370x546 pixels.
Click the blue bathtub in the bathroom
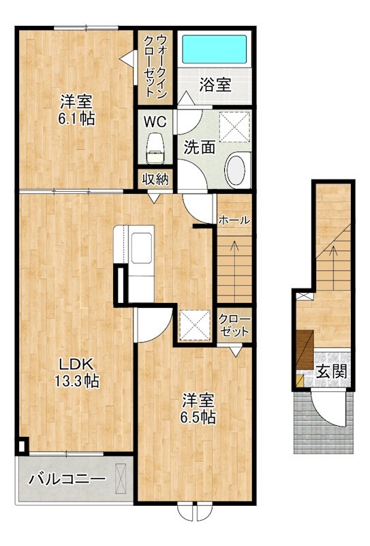coord(215,48)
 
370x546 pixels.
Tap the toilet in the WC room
coord(155,148)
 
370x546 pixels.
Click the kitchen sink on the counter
coord(141,248)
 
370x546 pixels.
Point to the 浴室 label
coord(215,85)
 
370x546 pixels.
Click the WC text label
coord(155,122)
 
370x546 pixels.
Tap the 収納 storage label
coord(155,179)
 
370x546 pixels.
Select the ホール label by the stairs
coord(234,220)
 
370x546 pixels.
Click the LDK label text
coord(76,364)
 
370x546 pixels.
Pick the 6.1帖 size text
coord(76,119)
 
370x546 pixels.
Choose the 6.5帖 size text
coord(198,417)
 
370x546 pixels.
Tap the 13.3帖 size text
coord(76,381)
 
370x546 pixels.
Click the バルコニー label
coord(67,479)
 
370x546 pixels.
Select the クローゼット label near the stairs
coord(234,326)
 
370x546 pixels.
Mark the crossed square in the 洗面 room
coord(234,127)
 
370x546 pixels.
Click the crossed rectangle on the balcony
coord(121,479)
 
